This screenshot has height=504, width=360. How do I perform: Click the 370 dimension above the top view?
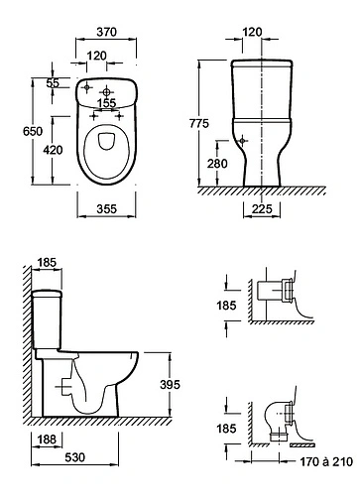(x=106, y=32)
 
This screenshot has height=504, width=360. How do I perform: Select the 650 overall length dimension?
(x=33, y=131)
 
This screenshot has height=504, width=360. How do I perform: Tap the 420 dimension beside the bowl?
(x=53, y=150)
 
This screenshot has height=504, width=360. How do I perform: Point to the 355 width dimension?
(x=106, y=209)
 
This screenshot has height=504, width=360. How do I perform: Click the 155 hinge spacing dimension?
(x=107, y=103)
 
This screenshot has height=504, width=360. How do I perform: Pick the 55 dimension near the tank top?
(x=53, y=83)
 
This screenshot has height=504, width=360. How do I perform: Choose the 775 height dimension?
(x=199, y=123)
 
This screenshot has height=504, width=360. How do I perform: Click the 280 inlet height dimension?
(x=217, y=164)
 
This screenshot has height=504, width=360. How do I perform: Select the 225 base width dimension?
(x=262, y=209)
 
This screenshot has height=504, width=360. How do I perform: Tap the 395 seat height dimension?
(x=170, y=385)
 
